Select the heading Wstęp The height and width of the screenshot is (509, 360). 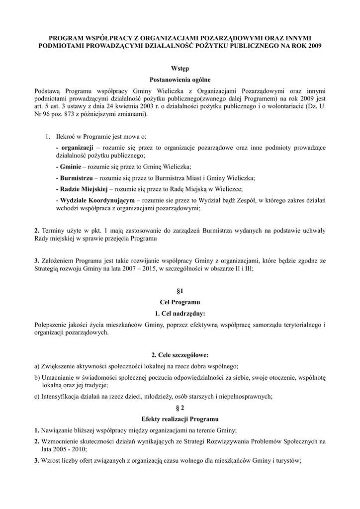tap(180, 68)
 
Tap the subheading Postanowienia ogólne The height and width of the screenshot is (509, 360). tap(180, 80)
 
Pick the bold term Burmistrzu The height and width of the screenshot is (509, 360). tap(76, 178)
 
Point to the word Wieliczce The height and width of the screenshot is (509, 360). tap(226, 189)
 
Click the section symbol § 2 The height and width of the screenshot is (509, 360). tap(180, 407)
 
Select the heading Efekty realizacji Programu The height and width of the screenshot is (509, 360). tap(180, 419)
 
